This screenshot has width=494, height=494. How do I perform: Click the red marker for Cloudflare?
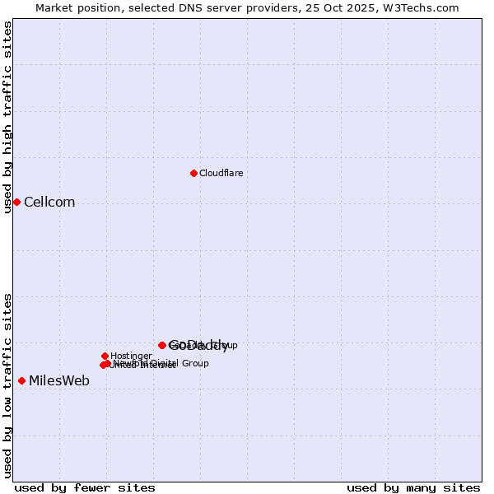[193, 173]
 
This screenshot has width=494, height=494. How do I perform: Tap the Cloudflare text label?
[221, 173]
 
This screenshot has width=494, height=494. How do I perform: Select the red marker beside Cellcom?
[16, 202]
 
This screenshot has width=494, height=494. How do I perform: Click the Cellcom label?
[49, 203]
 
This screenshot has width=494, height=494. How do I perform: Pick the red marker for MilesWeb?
[21, 380]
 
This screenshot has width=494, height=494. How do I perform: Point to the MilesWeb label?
[59, 380]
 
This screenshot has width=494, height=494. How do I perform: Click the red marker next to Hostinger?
[105, 356]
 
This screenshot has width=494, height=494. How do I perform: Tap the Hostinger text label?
[131, 356]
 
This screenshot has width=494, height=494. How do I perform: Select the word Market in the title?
[54, 7]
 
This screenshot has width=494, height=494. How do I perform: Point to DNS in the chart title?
[195, 7]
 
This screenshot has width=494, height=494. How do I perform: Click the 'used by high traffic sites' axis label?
[8, 117]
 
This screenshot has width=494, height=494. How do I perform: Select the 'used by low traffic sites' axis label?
[8, 385]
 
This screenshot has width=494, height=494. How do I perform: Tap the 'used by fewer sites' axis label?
[85, 487]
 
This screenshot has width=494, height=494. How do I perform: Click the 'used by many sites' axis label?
[413, 487]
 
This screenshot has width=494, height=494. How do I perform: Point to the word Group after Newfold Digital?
[194, 363]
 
